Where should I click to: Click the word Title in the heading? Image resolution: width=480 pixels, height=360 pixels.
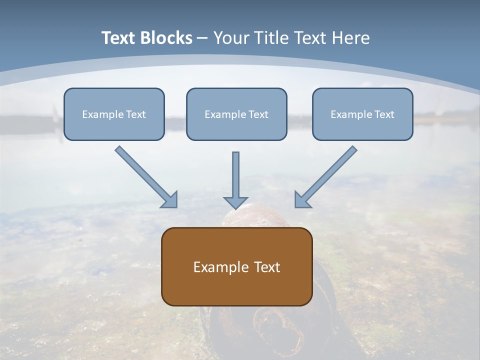[x=272, y=38]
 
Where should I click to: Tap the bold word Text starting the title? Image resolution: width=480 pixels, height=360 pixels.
[x=119, y=38]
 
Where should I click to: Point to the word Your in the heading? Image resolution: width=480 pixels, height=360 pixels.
[x=232, y=38]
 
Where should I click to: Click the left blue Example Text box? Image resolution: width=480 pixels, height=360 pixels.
[x=114, y=114]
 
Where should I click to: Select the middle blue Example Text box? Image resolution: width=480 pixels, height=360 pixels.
[x=236, y=114]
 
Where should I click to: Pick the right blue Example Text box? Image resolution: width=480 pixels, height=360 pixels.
[x=362, y=114]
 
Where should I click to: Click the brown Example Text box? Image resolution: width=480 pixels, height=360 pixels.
[x=236, y=266]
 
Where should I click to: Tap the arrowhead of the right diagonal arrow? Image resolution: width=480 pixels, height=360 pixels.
[x=302, y=200]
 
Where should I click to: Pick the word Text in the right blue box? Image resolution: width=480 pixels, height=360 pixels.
[x=384, y=114]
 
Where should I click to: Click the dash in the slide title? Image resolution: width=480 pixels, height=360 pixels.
[x=202, y=38]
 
